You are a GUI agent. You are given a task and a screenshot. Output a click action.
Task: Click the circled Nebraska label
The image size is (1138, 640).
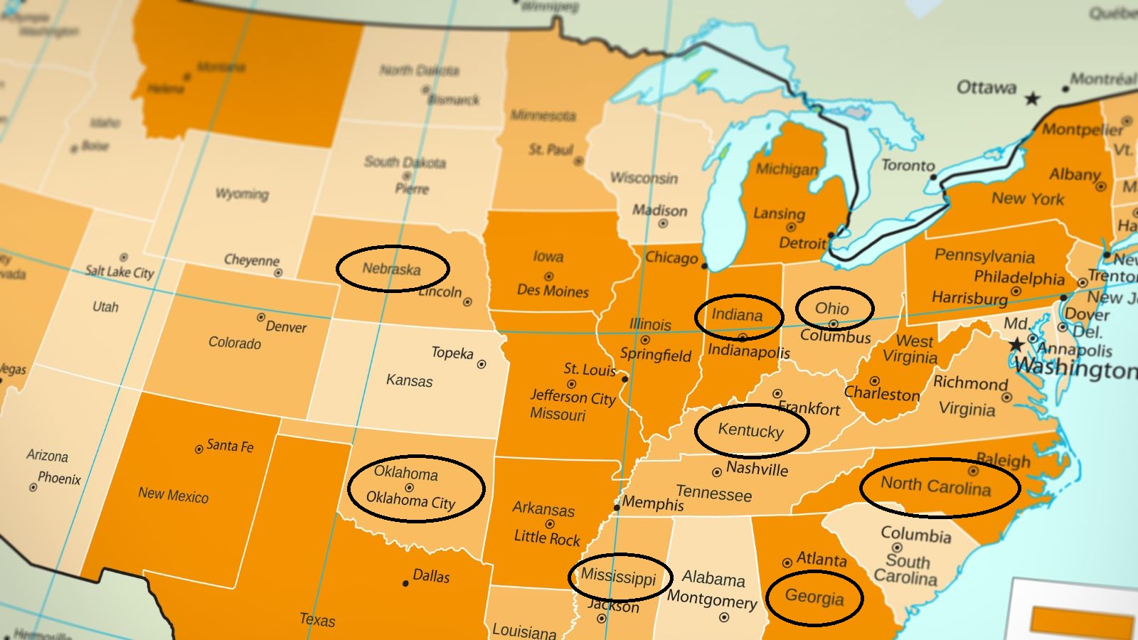click(x=391, y=269)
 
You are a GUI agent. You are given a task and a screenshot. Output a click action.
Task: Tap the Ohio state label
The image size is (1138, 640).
click(x=832, y=308)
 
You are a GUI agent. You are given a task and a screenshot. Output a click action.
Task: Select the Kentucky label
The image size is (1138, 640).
click(x=750, y=430)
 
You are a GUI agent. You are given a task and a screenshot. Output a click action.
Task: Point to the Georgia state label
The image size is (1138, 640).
click(x=814, y=597)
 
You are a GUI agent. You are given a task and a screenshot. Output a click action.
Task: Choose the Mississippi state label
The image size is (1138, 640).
click(x=618, y=576)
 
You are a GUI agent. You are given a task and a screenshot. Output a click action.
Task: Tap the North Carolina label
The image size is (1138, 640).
click(x=935, y=486)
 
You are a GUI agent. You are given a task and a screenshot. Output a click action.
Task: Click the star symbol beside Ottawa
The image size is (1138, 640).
click(x=1032, y=99)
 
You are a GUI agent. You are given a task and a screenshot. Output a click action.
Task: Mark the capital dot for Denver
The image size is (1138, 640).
click(x=261, y=317)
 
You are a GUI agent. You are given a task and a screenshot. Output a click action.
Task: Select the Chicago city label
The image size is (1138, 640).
click(x=671, y=257)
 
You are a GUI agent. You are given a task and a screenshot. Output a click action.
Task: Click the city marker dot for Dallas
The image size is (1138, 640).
click(x=405, y=583)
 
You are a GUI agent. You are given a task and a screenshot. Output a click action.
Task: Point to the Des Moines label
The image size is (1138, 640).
click(x=553, y=291)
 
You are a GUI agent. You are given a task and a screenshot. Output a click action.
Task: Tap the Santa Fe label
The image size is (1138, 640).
click(x=230, y=446)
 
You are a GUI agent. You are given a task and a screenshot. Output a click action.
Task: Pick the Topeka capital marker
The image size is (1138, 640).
click(x=482, y=364)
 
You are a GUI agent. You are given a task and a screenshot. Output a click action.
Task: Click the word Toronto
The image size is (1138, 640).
click(x=908, y=165)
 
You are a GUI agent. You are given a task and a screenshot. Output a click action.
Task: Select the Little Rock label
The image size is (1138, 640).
click(x=547, y=538)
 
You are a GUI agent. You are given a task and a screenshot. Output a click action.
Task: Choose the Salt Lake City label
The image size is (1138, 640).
click(x=119, y=272)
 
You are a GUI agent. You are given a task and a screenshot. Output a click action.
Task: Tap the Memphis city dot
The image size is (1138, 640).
click(x=617, y=507)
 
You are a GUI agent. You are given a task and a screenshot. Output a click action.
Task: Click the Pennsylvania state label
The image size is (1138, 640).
click(x=984, y=255)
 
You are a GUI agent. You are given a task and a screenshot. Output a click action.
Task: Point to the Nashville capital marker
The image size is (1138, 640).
click(x=717, y=472)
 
